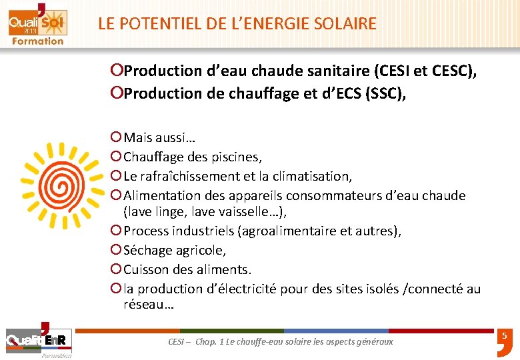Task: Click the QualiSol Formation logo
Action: pos(37,25)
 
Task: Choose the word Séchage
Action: pos(147,250)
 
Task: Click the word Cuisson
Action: pos(146,269)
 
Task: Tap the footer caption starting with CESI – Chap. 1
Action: pos(281,341)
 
